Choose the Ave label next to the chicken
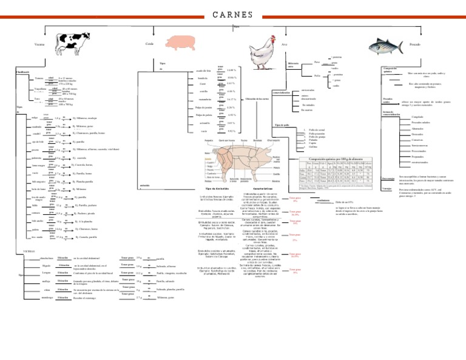tap(285, 45)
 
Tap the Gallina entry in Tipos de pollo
tap(312, 147)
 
